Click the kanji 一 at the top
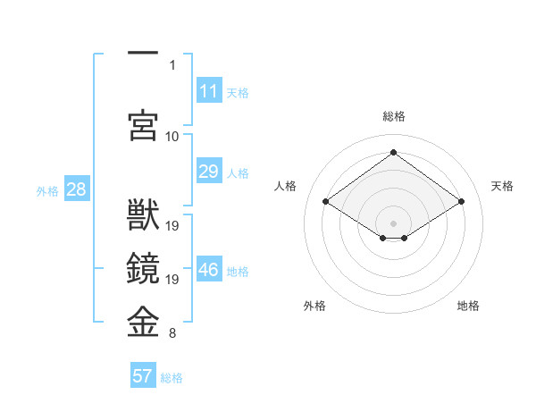143,55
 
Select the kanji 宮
143,124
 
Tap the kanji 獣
143,217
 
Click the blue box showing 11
209,91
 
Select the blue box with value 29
209,172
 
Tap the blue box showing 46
209,271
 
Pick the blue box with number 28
76,189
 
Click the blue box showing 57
143,376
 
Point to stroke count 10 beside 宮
172,136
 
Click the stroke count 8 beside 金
172,334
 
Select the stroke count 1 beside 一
172,64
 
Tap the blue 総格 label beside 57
172,378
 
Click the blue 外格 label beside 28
47,190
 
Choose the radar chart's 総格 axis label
393,116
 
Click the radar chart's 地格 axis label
468,306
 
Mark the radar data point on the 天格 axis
461,202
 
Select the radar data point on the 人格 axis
326,202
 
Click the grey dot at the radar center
393,222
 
